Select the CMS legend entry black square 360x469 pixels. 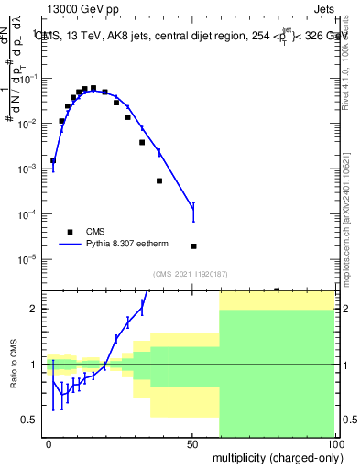(69, 232)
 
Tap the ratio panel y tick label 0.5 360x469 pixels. (29, 420)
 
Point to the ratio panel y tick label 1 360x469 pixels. (34, 365)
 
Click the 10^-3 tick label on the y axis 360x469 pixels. (27, 169)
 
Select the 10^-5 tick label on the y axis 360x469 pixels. (27, 259)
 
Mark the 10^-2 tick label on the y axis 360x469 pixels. (27, 124)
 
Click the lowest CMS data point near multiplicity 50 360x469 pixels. (193, 246)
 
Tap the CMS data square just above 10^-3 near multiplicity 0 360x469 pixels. (53, 160)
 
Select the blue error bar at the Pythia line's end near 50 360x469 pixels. (193, 213)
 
